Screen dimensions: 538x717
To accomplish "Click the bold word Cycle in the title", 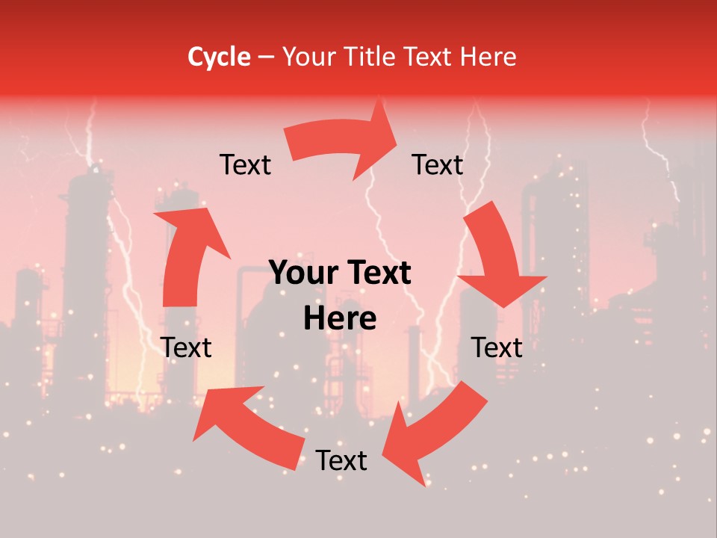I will pos(219,57).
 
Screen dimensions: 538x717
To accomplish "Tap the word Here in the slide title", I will pos(486,57).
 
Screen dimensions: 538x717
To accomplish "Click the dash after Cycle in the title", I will pos(266,57).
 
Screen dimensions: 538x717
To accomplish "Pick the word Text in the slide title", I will pos(426,57).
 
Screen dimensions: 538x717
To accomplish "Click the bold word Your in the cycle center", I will pos(302,273).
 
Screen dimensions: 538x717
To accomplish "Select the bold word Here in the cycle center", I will pos(340,319).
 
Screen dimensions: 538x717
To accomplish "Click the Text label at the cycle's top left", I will pos(245,165).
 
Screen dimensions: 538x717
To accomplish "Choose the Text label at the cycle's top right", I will pos(438,165).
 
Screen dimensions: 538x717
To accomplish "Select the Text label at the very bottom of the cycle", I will pos(341,461).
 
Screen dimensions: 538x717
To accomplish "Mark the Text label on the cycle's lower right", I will pos(497,348).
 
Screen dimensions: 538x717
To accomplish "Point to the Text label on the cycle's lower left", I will pos(187,348).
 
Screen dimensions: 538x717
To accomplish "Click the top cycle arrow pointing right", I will pos(336,142).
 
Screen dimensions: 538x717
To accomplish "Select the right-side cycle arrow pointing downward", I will pos(497,254).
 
